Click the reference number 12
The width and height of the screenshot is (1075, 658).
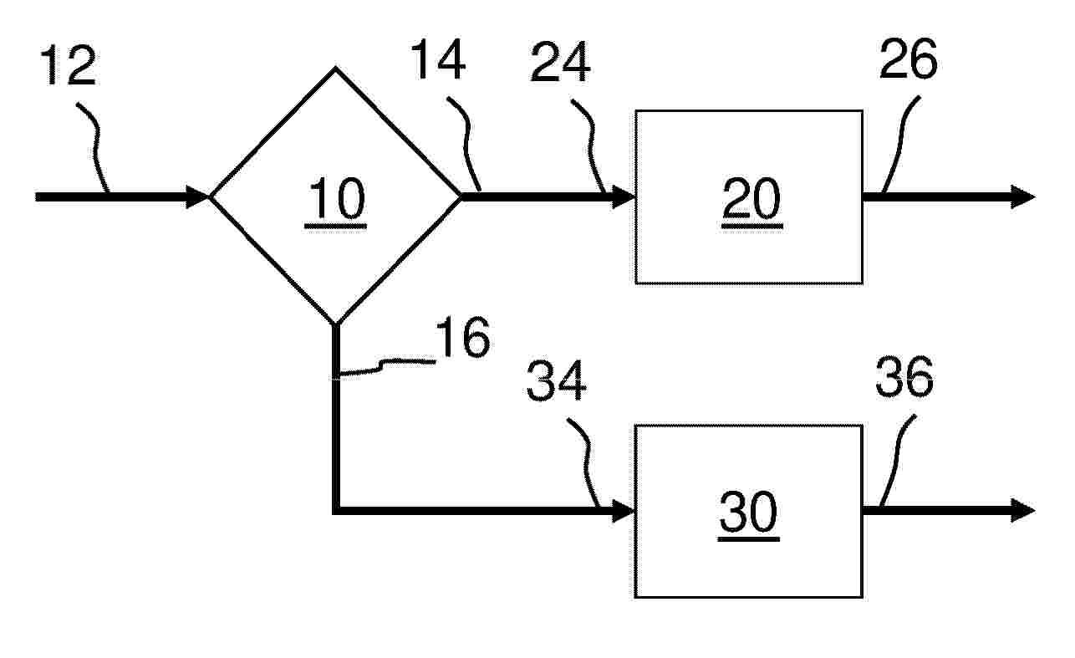point(69,65)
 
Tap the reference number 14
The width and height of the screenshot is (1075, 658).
point(437,59)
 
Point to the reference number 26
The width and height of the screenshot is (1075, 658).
point(908,59)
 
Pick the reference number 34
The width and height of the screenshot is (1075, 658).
point(556,380)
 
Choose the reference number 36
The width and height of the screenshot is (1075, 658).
point(904,377)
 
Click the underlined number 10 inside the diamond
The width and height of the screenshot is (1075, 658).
point(336,201)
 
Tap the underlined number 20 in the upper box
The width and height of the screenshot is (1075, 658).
point(751,201)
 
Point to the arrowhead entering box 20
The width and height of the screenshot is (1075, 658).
point(623,196)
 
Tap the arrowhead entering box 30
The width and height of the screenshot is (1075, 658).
point(623,511)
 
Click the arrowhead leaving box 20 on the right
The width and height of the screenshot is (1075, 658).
point(1023,196)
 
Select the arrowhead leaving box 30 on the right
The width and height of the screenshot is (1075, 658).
point(1023,510)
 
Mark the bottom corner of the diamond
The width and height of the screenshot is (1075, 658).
point(335,325)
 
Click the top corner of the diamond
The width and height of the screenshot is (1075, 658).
point(335,69)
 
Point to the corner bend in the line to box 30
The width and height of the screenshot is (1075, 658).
point(336,511)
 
